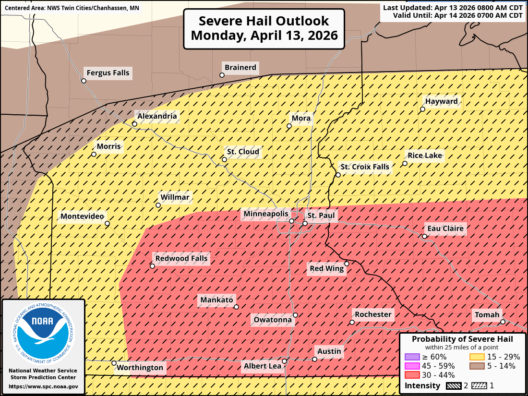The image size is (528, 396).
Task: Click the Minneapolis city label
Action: [266, 214]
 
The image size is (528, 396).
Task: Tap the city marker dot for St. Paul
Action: [305, 223]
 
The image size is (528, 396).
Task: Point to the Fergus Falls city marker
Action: [84, 81]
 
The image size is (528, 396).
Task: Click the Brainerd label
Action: [240, 67]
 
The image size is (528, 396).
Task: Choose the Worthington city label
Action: [140, 368]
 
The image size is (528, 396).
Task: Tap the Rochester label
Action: [373, 314]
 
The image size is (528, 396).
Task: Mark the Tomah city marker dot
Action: [502, 322]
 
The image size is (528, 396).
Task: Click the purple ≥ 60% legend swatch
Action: [412, 357]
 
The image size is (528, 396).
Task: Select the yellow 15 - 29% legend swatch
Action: [476, 357]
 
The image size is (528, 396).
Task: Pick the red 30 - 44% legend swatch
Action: [412, 375]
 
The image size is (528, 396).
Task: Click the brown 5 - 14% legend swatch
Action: [476, 366]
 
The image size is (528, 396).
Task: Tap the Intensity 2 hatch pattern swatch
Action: [454, 385]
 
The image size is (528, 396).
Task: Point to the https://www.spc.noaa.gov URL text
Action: [43, 386]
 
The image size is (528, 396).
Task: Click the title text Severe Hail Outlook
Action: [264, 21]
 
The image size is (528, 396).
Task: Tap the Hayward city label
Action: [441, 101]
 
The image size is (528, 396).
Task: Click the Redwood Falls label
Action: [181, 258]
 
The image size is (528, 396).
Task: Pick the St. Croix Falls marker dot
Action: [338, 175]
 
